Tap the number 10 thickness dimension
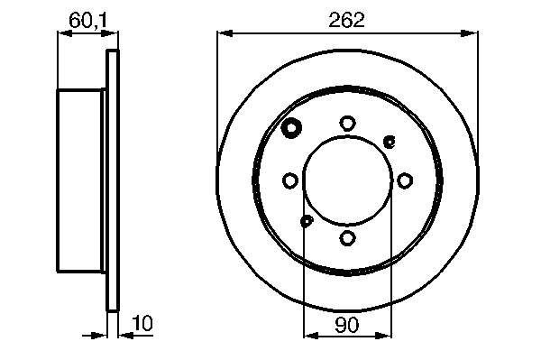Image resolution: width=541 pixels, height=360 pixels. click(x=142, y=323)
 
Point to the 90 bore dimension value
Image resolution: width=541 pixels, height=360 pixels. click(x=347, y=323)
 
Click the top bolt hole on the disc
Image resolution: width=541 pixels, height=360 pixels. click(x=347, y=124)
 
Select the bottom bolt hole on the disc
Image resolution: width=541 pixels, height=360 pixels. click(x=347, y=237)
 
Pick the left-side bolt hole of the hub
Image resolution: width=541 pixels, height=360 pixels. click(x=290, y=180)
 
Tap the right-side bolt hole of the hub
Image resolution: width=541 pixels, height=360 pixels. click(x=404, y=180)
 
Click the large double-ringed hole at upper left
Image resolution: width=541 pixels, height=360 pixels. click(x=292, y=129)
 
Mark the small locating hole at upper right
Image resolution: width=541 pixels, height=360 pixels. click(x=390, y=140)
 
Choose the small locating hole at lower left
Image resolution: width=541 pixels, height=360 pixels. click(x=307, y=221)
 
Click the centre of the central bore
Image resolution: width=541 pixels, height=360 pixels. click(x=347, y=180)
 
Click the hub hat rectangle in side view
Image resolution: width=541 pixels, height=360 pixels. click(x=81, y=180)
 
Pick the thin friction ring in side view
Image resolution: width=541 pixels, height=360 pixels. click(x=113, y=180)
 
